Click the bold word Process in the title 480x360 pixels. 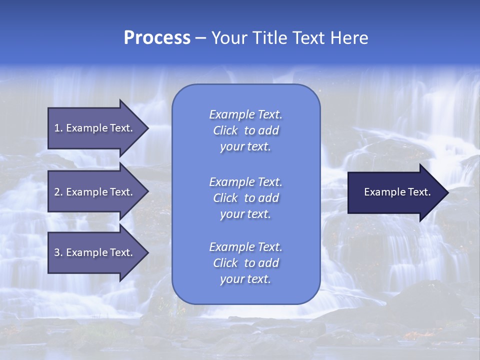(157, 38)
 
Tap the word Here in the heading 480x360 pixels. (349, 38)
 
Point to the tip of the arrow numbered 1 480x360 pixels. (147, 128)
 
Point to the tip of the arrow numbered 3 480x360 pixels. (147, 252)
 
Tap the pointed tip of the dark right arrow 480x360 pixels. (447, 192)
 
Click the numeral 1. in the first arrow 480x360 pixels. (58, 128)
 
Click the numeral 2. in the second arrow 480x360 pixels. (58, 192)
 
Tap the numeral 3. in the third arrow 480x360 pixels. (58, 252)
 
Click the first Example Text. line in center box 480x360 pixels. (245, 114)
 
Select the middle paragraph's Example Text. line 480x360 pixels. (245, 181)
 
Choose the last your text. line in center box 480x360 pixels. (245, 279)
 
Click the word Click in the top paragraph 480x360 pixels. (225, 130)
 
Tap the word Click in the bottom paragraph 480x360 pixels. (225, 263)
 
